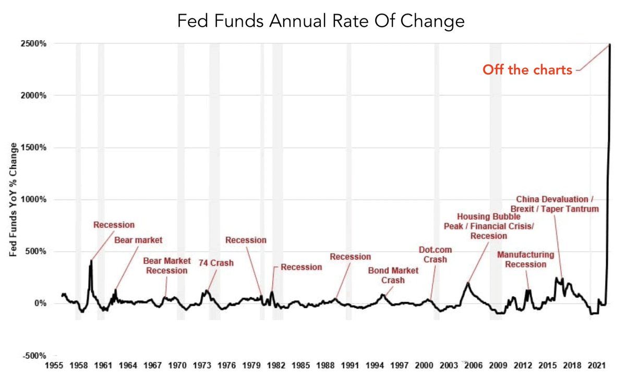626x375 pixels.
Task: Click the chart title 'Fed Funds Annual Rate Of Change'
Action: point(320,21)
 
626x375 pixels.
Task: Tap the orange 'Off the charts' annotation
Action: point(527,70)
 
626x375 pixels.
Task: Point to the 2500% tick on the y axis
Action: point(34,44)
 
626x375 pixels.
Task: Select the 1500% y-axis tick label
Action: point(34,148)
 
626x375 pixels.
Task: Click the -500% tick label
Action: point(34,356)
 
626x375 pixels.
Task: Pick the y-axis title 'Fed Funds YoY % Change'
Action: point(14,199)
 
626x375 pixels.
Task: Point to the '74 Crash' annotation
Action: point(216,263)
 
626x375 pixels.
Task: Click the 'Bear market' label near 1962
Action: point(139,240)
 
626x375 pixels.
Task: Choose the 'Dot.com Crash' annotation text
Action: point(436,255)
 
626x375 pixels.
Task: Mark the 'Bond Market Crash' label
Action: point(393,275)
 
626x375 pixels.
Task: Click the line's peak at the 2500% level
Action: point(610,44)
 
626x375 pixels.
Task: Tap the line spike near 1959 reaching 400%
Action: point(91,261)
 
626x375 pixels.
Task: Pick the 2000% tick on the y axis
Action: point(34,95)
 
